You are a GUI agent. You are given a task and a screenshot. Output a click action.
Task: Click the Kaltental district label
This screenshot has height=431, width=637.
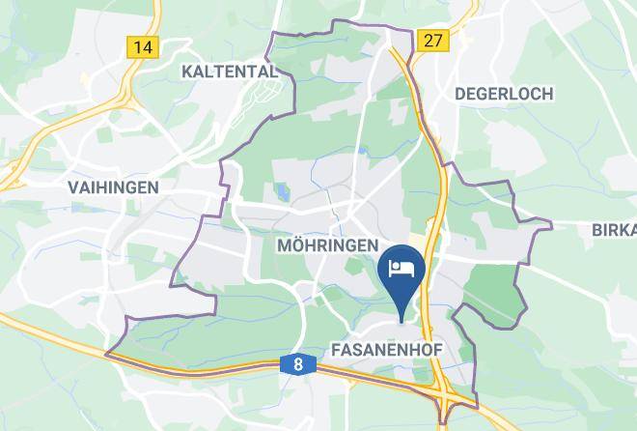pos(230,71)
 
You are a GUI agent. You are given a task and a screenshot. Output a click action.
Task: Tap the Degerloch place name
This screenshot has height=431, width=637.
pos(503,94)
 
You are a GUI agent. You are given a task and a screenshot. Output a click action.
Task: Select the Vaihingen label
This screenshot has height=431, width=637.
pos(114,187)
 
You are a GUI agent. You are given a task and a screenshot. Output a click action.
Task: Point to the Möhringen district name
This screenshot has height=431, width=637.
pos(327,245)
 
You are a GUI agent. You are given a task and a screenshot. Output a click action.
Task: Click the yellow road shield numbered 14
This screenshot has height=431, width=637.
pos(144,46)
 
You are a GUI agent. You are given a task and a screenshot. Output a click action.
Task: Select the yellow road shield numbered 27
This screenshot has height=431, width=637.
pos(433,40)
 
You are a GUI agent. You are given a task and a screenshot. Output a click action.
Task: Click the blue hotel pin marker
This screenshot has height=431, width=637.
pos(400,271)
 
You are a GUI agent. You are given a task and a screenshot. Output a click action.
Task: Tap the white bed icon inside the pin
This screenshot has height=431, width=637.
pos(400,266)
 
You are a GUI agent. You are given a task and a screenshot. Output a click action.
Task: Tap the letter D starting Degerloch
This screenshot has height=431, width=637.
pos(459,94)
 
